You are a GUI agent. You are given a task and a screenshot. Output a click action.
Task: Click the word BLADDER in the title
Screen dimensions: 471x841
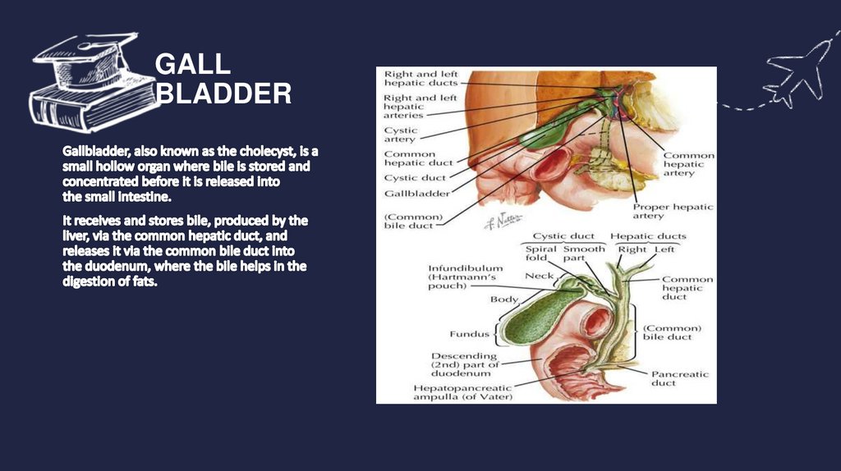pos(223,94)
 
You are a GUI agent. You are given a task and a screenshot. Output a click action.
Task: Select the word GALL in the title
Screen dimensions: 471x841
pos(192,64)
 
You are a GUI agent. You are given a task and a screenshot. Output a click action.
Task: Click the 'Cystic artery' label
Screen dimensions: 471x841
pos(401,135)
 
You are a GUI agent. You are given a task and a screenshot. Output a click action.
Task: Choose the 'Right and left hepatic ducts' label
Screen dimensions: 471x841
pos(420,79)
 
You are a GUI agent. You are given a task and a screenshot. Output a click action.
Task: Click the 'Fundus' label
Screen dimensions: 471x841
pos(469,334)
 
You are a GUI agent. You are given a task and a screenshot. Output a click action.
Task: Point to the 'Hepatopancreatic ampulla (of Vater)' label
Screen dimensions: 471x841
pos(462,392)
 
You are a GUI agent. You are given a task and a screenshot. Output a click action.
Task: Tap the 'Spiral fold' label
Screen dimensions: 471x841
pos(540,254)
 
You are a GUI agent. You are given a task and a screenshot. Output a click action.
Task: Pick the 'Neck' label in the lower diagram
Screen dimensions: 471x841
pos(539,276)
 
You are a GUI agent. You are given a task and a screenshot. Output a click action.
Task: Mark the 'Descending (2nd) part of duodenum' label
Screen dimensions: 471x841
pos(465,364)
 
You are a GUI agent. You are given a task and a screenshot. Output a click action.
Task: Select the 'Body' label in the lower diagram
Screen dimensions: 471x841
pos(503,300)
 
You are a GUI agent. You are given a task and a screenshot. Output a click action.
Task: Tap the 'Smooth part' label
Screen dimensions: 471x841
pos(584,254)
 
